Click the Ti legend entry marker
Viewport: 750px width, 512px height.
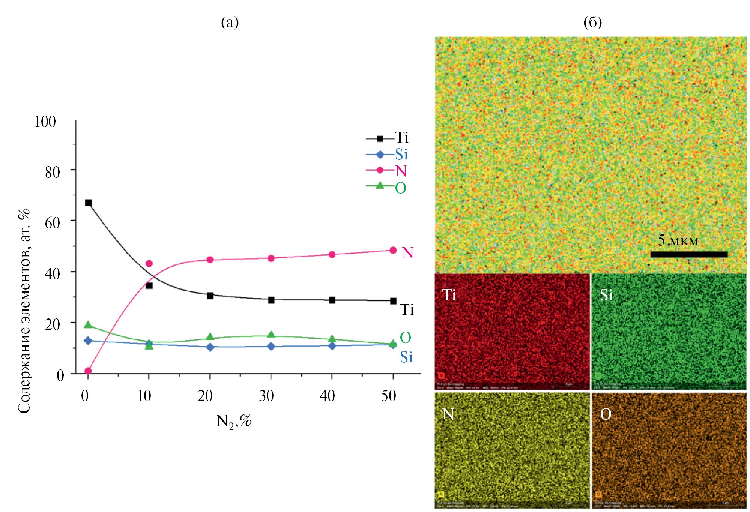380,138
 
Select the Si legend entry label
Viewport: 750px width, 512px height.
401,154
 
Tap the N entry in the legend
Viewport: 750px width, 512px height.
401,171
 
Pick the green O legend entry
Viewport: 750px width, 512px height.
400,188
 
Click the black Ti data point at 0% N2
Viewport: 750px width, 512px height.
88,203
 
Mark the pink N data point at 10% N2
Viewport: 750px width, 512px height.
149,263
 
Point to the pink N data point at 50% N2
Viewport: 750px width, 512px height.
393,250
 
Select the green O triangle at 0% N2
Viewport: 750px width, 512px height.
88,325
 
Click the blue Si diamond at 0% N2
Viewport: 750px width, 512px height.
88,341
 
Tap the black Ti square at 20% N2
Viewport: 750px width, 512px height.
210,296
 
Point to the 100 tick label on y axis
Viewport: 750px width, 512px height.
45,122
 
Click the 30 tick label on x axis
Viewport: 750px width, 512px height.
266,396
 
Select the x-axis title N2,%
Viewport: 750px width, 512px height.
233,421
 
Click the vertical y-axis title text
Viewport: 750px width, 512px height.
24,311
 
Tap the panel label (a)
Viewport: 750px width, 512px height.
230,23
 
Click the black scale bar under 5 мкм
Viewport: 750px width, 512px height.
688,254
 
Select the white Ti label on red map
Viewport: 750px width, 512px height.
449,295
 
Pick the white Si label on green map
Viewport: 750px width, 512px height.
606,295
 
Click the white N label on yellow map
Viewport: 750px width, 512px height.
448,414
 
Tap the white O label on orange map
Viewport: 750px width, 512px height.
606,414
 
